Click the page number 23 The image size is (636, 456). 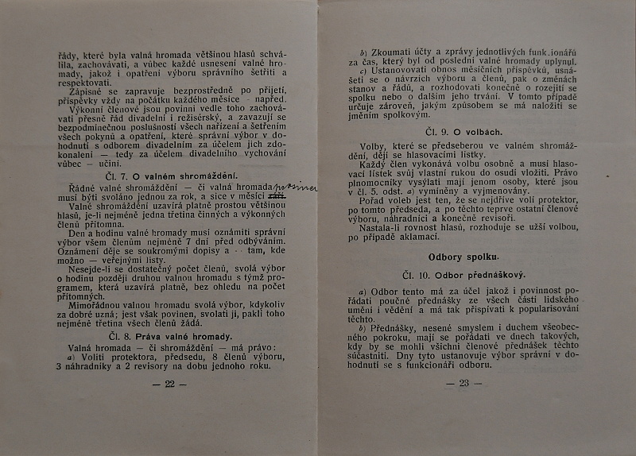pyautogui.click(x=459, y=383)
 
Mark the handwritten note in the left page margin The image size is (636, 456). pyautogui.click(x=293, y=187)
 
